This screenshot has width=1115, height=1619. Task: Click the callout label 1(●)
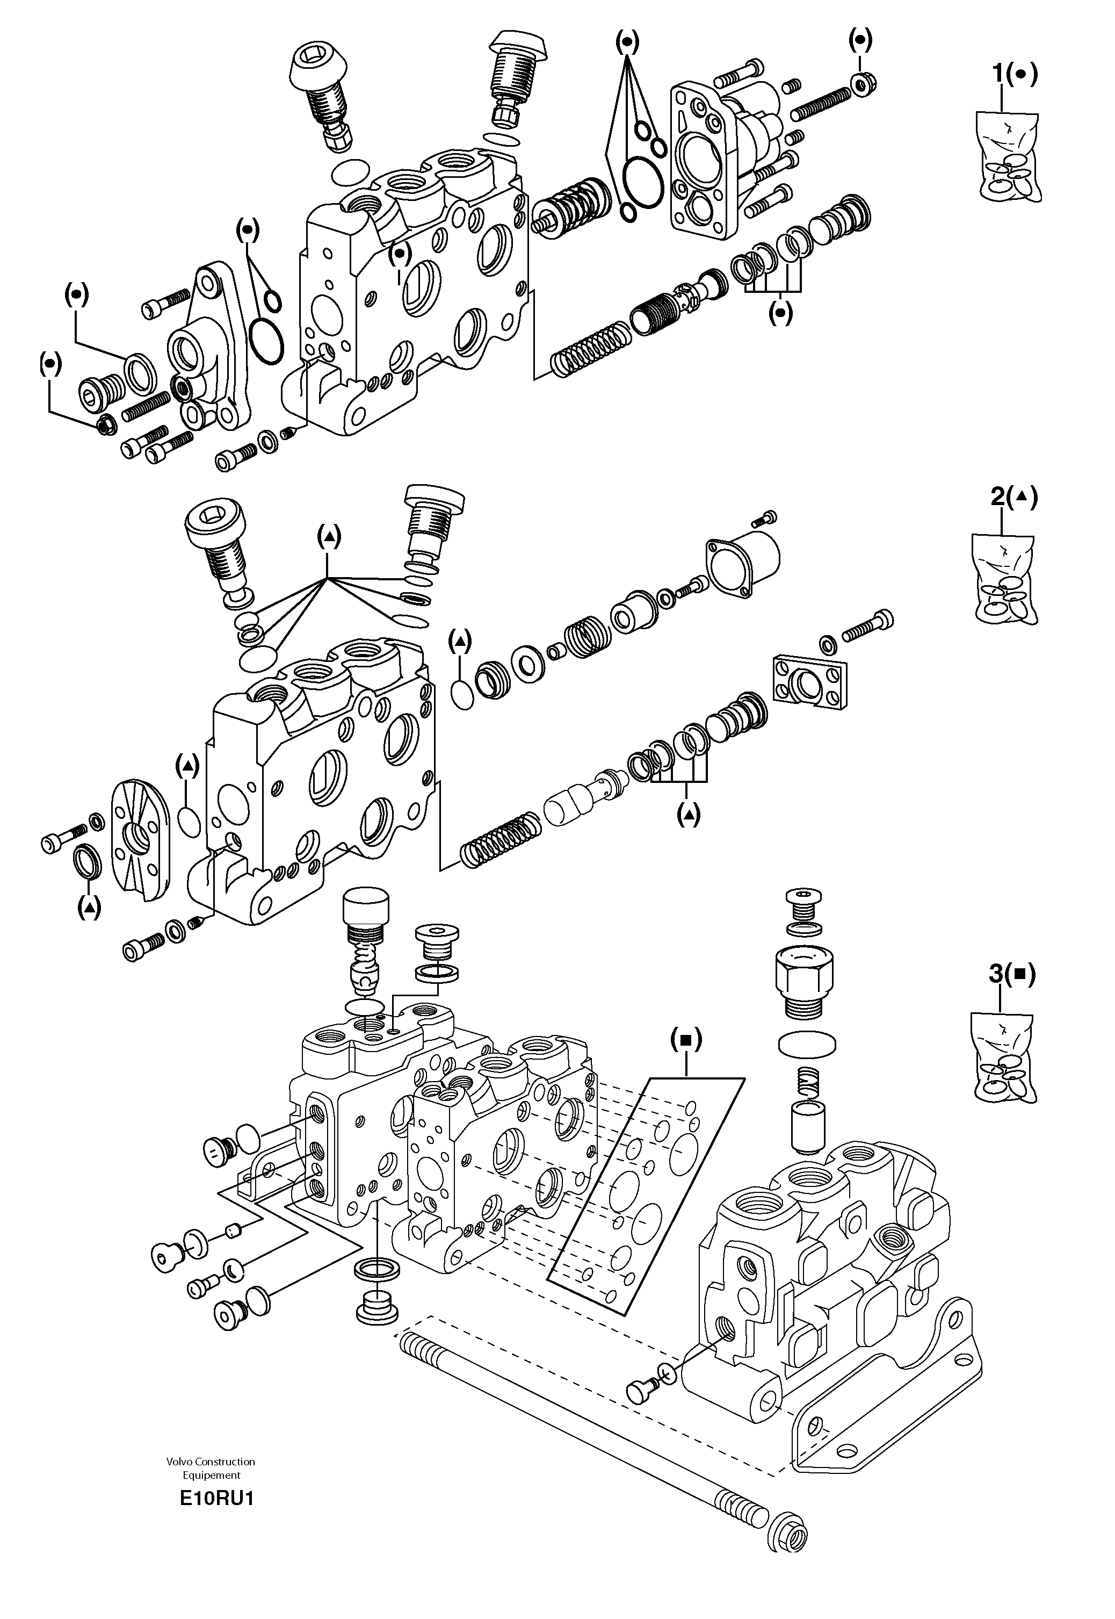[x=1015, y=74]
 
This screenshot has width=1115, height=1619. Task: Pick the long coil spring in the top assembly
[x=590, y=349]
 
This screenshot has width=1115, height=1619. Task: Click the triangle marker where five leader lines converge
[x=328, y=537]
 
